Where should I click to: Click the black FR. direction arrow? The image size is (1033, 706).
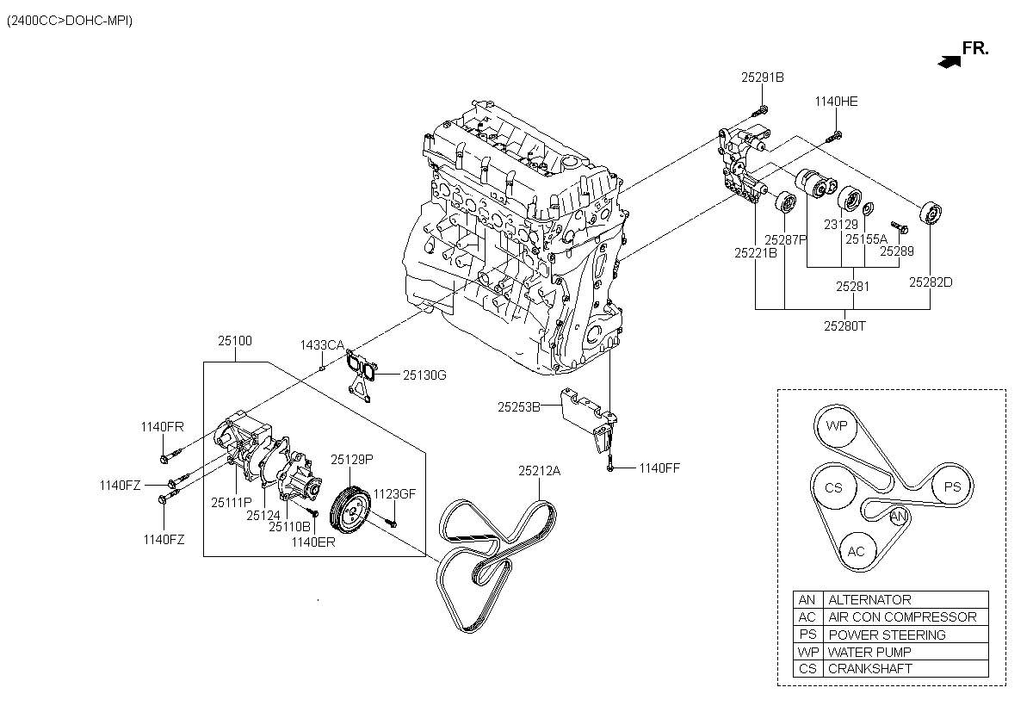coord(949,62)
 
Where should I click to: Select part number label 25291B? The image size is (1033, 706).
coord(763,77)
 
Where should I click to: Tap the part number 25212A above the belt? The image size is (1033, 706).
coord(539,471)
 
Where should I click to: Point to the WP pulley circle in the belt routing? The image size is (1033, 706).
coord(836,426)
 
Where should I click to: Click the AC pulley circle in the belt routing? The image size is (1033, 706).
coord(856,552)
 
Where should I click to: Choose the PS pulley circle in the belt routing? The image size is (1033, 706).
coord(951,486)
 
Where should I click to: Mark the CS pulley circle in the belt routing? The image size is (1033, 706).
coord(834,488)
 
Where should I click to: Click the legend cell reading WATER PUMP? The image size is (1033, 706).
coord(906,652)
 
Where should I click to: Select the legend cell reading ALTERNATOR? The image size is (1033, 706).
coord(906,599)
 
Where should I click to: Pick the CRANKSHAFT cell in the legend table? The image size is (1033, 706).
coord(906,669)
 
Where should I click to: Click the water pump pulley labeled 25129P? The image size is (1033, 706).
coord(350,510)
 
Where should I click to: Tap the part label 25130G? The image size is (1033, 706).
coord(424,375)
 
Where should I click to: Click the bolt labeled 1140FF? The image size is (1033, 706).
coord(610,463)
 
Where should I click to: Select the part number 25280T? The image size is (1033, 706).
coord(844,326)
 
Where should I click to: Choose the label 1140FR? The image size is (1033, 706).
coord(162,427)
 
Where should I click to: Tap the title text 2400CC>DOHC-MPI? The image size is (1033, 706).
coord(69,21)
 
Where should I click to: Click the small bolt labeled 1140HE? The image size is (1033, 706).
coord(834,137)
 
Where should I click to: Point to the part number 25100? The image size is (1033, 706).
coord(235,341)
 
